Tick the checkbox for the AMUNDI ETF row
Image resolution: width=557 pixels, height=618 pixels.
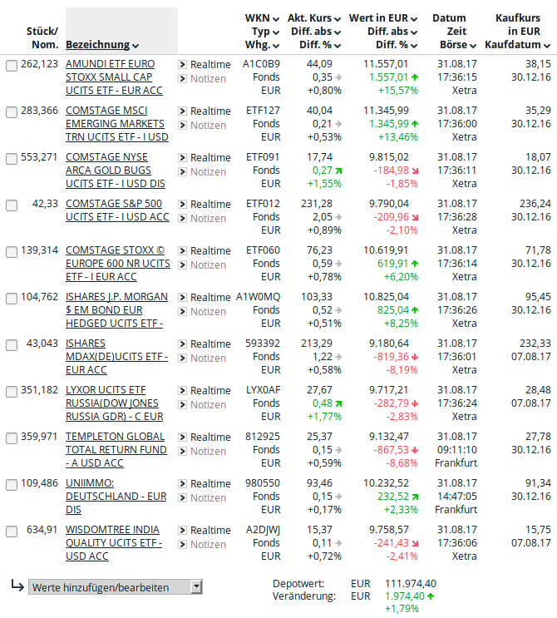pyautogui.click(x=12, y=65)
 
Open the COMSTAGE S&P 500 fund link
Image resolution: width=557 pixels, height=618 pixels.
pyautogui.click(x=113, y=210)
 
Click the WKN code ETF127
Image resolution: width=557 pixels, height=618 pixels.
pyautogui.click(x=264, y=111)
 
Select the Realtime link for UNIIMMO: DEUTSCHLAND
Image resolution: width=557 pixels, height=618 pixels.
pyautogui.click(x=210, y=483)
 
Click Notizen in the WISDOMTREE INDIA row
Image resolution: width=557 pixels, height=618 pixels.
pyautogui.click(x=208, y=545)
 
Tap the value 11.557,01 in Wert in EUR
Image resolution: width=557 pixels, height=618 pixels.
pyautogui.click(x=386, y=64)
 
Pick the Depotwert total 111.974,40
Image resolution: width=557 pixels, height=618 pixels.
pyautogui.click(x=411, y=583)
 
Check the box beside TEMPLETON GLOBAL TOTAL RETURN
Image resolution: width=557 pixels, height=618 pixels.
pyautogui.click(x=12, y=438)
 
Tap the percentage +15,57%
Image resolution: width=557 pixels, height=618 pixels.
pyautogui.click(x=397, y=90)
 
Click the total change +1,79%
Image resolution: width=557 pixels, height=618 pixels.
pyautogui.click(x=402, y=609)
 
